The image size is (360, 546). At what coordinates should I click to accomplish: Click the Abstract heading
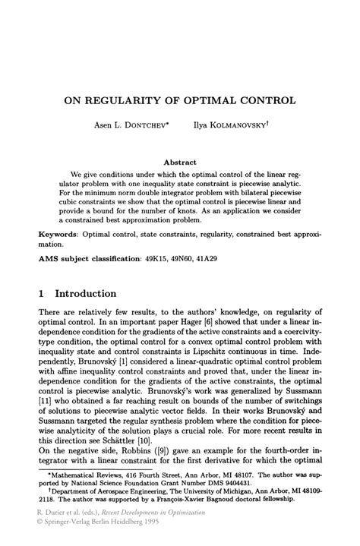pos(180,162)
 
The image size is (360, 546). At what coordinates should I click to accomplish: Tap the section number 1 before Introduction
pos(43,293)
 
